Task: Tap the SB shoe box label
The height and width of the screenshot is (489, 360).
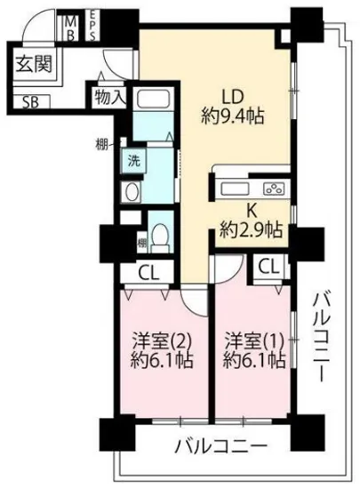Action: coord(31,100)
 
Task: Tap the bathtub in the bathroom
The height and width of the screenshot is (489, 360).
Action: coord(156,108)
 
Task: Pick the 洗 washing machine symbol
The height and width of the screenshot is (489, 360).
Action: coord(132,162)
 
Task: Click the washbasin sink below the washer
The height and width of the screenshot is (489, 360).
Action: coord(132,192)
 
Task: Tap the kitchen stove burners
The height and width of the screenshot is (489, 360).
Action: coord(274,188)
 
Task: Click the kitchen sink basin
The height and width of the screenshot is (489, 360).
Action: coord(237,188)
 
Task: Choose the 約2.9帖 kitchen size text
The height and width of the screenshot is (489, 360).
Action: coord(252,230)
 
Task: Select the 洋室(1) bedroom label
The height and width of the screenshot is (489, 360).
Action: coord(254,341)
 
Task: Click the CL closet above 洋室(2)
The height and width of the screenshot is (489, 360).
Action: coord(148,273)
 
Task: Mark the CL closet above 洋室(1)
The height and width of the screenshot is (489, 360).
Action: coord(267,265)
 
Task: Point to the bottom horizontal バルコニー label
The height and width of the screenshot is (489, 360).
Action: coord(220,444)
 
